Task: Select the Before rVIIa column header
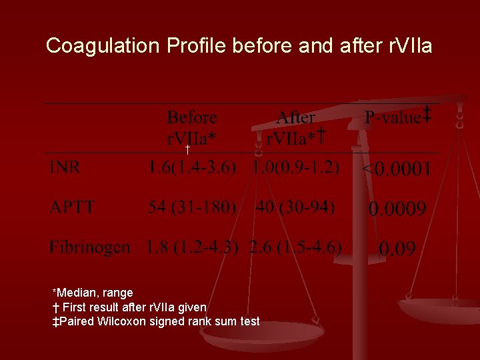(x=192, y=128)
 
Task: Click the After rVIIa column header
(x=295, y=128)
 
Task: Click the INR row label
(x=65, y=167)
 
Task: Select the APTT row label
(x=71, y=207)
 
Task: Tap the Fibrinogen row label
(x=89, y=248)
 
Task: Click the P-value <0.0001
(x=396, y=169)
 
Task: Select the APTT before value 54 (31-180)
(x=192, y=207)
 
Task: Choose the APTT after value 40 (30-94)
(x=295, y=207)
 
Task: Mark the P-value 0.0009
(x=397, y=210)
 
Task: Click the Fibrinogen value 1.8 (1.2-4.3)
(x=192, y=248)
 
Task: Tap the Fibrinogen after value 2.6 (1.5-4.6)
(x=295, y=248)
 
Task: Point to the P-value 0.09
(x=397, y=250)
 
